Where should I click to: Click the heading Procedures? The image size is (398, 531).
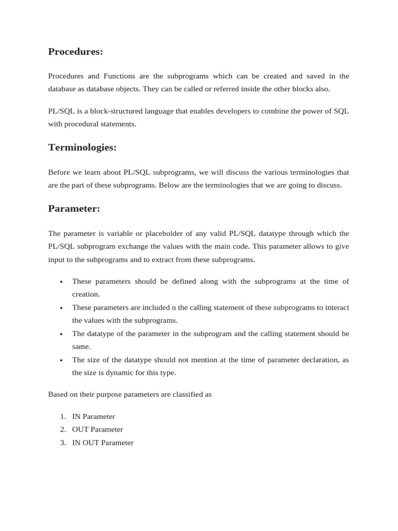(76, 52)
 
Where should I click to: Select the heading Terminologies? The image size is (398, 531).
(82, 148)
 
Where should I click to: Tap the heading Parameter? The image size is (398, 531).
(74, 209)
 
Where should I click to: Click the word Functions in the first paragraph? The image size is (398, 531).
(122, 76)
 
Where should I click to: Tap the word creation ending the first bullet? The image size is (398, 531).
(86, 295)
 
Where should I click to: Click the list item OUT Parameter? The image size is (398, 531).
(97, 429)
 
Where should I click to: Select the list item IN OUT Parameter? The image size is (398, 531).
(103, 443)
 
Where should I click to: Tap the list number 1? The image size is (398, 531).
(62, 416)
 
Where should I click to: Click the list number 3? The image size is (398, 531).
(62, 443)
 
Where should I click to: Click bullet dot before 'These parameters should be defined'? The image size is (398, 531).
(61, 282)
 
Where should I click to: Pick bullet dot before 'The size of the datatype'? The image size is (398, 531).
(61, 360)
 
